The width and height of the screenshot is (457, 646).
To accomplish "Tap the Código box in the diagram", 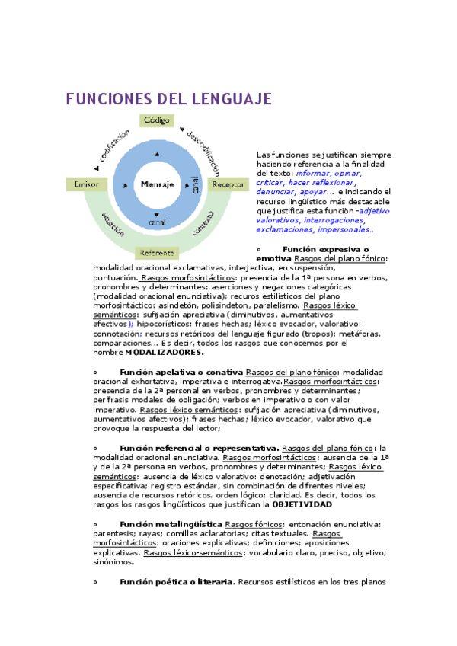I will (x=157, y=120).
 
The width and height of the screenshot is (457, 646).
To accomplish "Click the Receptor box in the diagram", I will (x=228, y=184).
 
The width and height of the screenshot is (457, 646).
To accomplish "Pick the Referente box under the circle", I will (x=157, y=252).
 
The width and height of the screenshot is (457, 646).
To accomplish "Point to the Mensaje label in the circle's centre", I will (x=157, y=185).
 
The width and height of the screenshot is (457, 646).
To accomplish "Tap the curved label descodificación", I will (x=203, y=146).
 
